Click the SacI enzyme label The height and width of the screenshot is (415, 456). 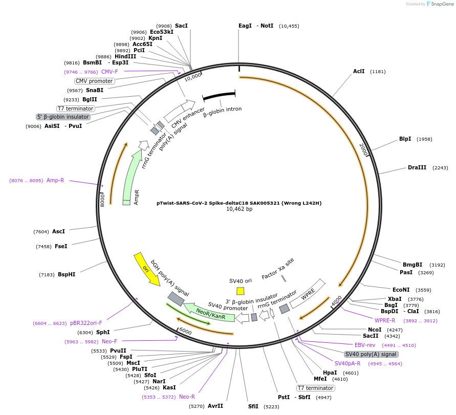point(181,26)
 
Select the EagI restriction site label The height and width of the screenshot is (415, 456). point(245,26)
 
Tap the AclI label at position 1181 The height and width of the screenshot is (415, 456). point(359,71)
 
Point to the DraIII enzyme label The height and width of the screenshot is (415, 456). point(417,167)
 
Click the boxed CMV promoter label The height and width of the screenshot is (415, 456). point(94,81)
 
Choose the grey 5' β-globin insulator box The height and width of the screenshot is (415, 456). point(63,117)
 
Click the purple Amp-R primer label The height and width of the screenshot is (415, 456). point(55,180)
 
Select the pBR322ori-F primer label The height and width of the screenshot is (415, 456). point(86,323)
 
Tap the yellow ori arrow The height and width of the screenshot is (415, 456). point(146,269)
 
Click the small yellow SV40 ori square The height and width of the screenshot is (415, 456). point(241,291)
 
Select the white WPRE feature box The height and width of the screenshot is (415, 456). point(308,294)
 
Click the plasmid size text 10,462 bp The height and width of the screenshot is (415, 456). point(239,209)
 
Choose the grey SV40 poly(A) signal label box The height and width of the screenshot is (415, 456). point(371,354)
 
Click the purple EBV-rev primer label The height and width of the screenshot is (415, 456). point(365,345)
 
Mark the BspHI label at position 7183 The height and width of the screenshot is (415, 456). point(66,274)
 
